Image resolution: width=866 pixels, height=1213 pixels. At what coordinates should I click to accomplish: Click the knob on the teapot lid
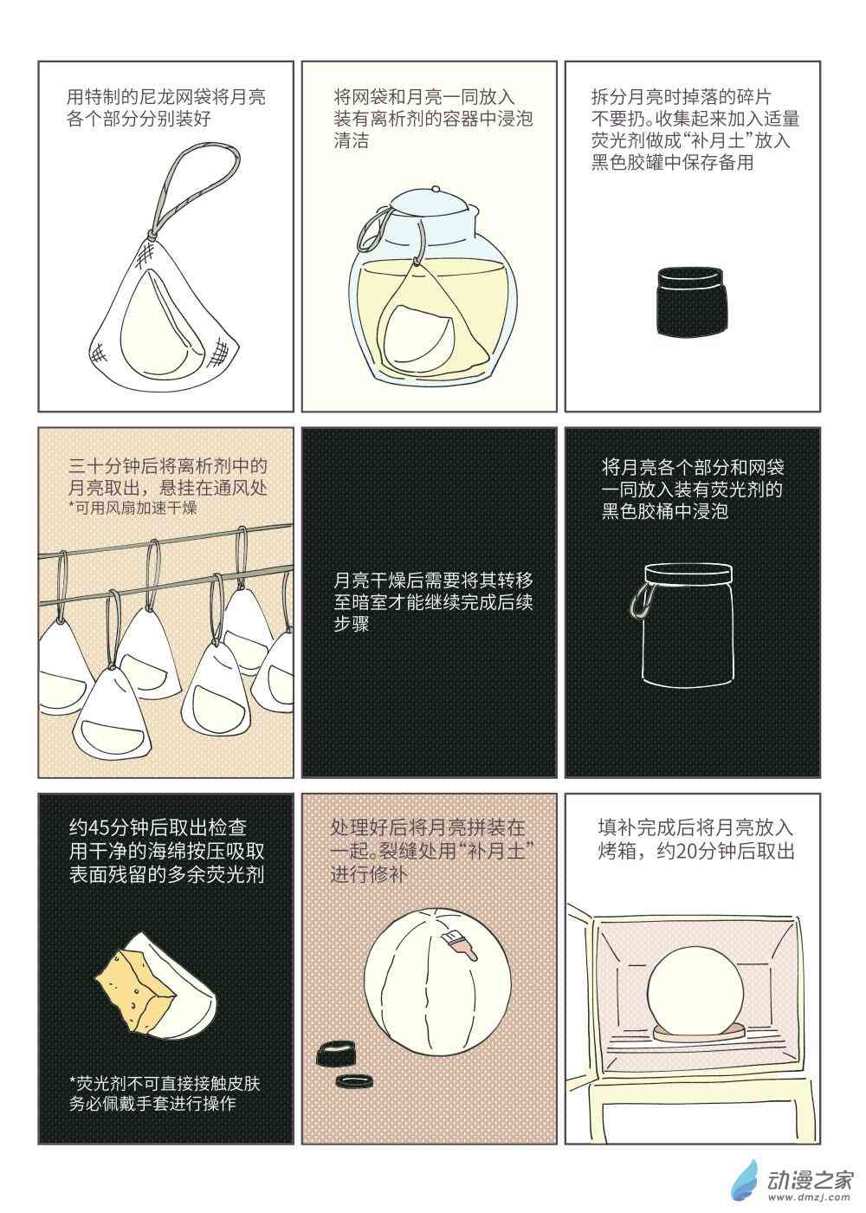pos(435,189)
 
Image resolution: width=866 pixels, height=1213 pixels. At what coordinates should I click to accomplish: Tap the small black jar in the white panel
pos(691,302)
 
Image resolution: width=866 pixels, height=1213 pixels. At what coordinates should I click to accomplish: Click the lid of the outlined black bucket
pos(688,574)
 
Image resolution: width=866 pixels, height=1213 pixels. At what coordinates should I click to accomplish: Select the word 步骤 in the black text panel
pos(352,624)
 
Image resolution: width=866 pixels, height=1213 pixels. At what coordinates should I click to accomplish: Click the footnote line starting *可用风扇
pos(133,508)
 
